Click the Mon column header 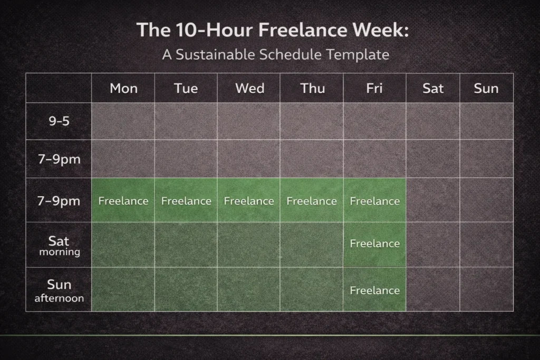coord(123,88)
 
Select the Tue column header coord(186,88)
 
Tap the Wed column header coord(249,88)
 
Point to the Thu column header coord(312,88)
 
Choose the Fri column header coord(374,88)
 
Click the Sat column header coord(433,88)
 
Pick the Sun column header coord(486,88)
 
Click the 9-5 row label coord(59,121)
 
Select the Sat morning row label coord(59,245)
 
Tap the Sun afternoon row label coord(59,290)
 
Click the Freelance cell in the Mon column coord(123,201)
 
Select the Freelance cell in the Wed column coord(249,201)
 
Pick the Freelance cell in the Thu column coord(312,201)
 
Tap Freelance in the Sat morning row coord(374,244)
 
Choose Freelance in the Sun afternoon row coord(374,290)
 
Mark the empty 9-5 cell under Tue coord(186,121)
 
